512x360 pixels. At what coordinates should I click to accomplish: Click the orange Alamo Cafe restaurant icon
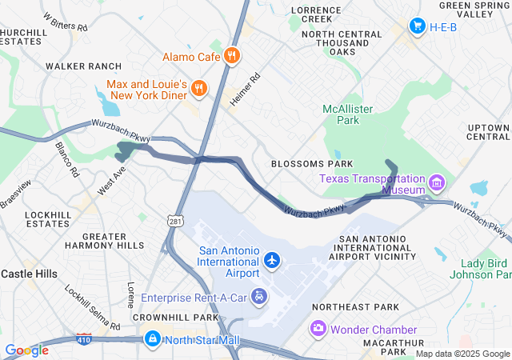coord(231,56)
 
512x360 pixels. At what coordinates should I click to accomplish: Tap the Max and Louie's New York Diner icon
coord(199,89)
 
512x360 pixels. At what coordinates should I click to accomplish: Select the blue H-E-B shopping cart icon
coord(416,26)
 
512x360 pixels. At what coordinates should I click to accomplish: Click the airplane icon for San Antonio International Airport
coord(273,261)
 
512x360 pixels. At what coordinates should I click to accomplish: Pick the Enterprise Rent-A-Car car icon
coord(259,298)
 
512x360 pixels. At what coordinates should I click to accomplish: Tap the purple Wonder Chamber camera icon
coord(318,329)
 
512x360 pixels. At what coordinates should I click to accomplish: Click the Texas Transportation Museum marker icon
coord(437,184)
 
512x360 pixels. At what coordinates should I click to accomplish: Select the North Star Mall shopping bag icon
coord(151,340)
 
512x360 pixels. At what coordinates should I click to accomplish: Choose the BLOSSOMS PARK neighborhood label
coord(312,163)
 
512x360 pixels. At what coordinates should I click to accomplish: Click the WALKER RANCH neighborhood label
coord(84,66)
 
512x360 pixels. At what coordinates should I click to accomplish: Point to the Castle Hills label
coord(29,274)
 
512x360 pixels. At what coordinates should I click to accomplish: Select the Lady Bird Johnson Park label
coord(486,270)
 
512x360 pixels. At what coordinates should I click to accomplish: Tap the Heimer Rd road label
coord(246,91)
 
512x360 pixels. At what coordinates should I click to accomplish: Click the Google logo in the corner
coord(26,350)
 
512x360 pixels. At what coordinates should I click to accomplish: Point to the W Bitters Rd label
coord(66,22)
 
